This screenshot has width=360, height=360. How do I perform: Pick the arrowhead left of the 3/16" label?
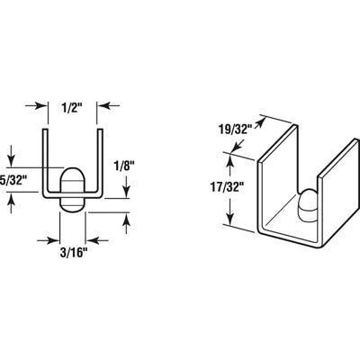click(x=53, y=241)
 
